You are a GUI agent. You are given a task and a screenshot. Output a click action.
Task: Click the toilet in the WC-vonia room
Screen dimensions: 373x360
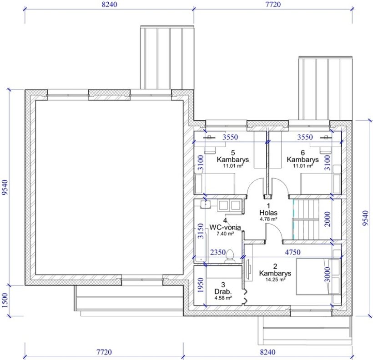[230, 256]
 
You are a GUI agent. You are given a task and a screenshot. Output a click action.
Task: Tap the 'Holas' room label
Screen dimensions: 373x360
[268, 213]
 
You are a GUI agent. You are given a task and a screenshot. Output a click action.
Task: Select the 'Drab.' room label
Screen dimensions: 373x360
[223, 291]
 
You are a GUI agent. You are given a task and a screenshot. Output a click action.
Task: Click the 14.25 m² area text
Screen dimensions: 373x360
[275, 280]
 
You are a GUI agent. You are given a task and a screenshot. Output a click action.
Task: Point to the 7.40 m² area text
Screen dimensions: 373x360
[225, 234]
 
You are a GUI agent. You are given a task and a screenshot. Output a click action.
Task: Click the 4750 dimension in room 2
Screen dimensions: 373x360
[292, 252]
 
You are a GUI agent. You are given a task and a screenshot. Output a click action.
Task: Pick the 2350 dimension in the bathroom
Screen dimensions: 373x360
[218, 252]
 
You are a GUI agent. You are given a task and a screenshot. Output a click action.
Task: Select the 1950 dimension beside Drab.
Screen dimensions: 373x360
[201, 285]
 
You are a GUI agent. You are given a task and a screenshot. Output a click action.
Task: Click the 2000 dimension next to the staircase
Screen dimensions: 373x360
[328, 219]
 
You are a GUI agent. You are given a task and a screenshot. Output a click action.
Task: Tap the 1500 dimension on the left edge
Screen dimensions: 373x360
[5, 300]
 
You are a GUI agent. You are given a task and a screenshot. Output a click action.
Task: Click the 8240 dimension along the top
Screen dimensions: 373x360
[110, 4]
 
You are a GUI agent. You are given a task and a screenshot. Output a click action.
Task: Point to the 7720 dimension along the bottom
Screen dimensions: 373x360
[104, 352]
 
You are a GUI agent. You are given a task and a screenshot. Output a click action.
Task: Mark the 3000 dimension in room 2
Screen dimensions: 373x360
[328, 275]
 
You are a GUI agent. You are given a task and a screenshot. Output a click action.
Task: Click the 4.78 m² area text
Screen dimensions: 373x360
[268, 219]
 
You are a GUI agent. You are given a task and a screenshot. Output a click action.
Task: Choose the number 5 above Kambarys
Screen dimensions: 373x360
[233, 152]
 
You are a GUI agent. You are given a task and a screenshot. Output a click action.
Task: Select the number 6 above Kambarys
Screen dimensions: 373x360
[302, 152]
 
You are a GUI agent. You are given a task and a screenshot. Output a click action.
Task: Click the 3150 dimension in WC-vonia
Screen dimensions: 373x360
[201, 230]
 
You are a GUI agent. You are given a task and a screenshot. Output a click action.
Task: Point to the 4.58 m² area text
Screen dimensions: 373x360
[223, 298]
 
